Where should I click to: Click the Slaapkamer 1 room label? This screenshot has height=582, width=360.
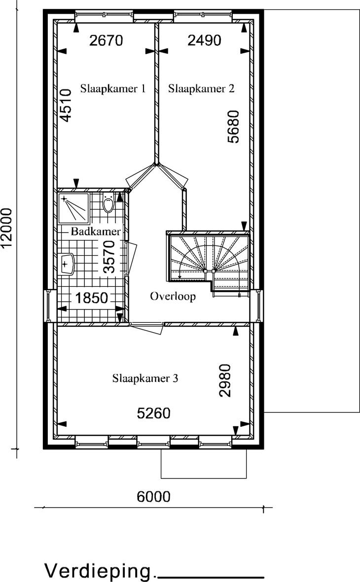(113, 89)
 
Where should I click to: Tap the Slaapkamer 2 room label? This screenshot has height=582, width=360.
(201, 89)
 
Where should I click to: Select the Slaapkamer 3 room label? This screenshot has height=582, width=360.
(145, 378)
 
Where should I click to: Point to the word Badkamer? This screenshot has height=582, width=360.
(96, 232)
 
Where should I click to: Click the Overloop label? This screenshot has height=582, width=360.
(173, 296)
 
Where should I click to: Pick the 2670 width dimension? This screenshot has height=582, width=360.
(106, 40)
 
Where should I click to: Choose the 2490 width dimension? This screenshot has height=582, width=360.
(204, 40)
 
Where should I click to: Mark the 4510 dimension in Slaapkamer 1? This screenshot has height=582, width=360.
(66, 105)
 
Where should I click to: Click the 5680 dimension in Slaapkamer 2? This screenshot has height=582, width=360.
(234, 127)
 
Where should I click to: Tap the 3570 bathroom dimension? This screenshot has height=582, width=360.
(109, 257)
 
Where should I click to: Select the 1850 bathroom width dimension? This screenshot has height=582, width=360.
(91, 298)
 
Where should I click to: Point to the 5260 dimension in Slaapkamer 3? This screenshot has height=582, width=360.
(153, 413)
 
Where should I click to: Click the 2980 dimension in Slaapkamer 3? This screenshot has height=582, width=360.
(225, 380)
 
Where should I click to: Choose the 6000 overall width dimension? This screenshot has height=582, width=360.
(153, 496)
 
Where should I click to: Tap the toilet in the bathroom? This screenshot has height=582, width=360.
(108, 203)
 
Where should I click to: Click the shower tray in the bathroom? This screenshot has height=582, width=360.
(73, 208)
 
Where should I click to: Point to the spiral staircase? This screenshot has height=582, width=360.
(209, 262)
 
